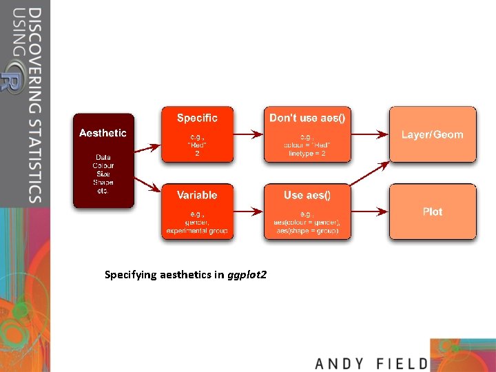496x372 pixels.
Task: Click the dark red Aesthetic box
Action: (x=103, y=160)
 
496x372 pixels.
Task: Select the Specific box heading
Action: (x=197, y=118)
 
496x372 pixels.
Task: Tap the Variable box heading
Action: (x=197, y=196)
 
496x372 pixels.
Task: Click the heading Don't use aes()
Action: (x=307, y=118)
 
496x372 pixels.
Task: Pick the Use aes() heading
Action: (x=307, y=196)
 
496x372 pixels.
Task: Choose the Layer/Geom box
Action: (x=433, y=134)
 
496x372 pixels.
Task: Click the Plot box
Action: (x=433, y=211)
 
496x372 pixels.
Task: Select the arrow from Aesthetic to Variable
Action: (x=147, y=184)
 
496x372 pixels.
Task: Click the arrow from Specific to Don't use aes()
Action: (x=249, y=133)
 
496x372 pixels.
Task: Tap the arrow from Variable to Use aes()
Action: (x=249, y=211)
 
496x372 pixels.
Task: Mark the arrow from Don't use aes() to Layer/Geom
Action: (x=370, y=133)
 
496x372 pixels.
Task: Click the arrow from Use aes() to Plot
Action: (x=370, y=211)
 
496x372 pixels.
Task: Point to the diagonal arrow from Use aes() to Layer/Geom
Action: (x=370, y=174)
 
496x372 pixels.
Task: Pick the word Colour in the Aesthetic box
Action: (x=103, y=165)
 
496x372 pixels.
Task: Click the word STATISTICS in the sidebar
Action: (x=34, y=152)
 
